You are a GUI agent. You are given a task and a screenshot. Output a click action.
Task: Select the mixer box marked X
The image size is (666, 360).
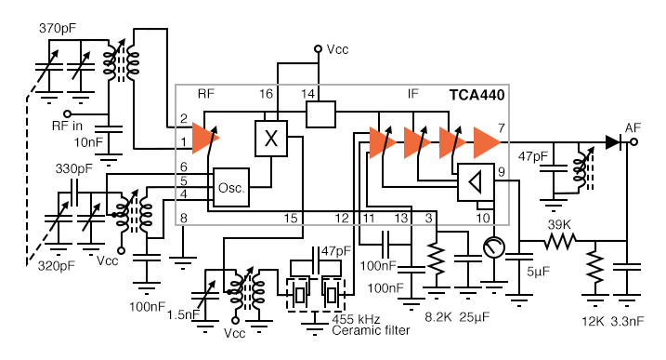[x=270, y=139]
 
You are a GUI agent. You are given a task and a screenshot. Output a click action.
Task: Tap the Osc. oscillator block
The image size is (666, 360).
[x=230, y=187]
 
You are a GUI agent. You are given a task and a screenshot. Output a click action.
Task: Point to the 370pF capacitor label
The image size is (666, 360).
[x=59, y=29]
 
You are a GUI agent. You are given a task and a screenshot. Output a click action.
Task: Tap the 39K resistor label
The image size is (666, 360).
[x=559, y=226]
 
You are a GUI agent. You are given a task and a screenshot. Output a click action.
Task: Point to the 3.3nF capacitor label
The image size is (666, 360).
[x=633, y=321]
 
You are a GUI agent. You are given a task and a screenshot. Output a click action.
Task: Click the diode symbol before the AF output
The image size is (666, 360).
[x=612, y=141]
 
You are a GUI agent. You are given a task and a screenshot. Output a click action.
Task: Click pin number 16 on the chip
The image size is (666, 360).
[x=266, y=95]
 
